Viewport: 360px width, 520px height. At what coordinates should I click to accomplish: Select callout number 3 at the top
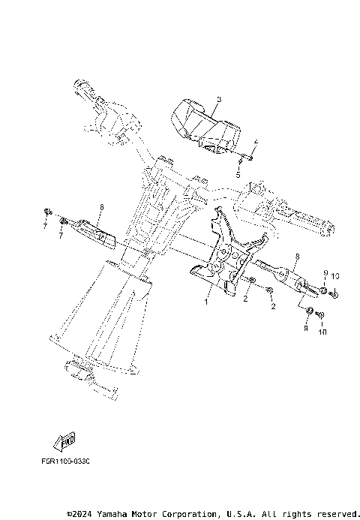(x=218, y=99)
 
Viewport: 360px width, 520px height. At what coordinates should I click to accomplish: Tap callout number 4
(x=255, y=141)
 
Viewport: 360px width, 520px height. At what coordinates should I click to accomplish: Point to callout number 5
(x=238, y=174)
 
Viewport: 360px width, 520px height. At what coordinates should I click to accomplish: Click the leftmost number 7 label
(x=45, y=225)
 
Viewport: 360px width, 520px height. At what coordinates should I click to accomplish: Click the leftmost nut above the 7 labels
(x=48, y=210)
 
